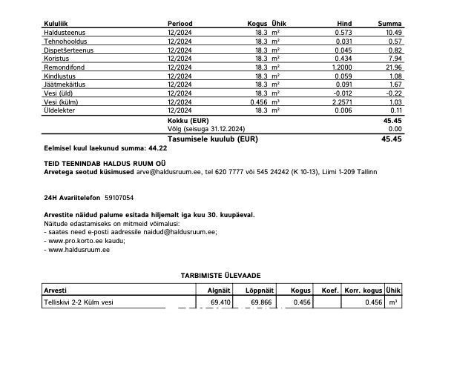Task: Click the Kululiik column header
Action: coord(57,24)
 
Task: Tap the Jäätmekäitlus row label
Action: coord(65,84)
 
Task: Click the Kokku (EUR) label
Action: coord(188,120)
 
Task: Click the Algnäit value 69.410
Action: coord(219,302)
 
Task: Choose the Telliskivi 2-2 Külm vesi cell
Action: coord(79,302)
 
